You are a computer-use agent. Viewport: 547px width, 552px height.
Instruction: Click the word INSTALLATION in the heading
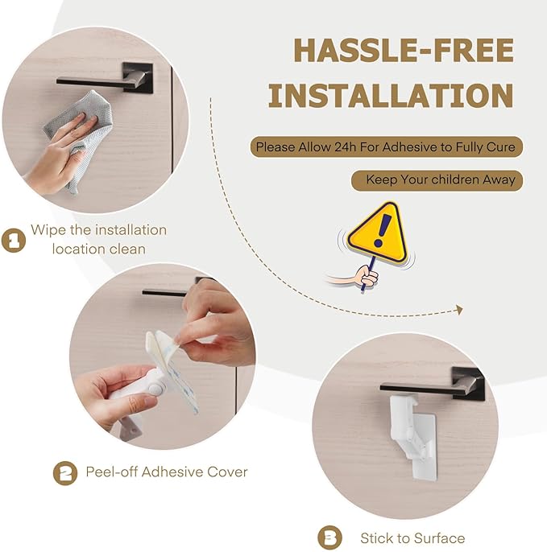click(x=391, y=96)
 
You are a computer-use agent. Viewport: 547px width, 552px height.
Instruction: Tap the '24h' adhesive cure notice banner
click(x=386, y=147)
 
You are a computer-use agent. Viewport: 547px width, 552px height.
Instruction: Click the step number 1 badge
click(x=13, y=240)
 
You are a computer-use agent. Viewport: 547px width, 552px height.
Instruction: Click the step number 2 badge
click(x=64, y=472)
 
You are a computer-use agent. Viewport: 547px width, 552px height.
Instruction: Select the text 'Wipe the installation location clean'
click(x=98, y=239)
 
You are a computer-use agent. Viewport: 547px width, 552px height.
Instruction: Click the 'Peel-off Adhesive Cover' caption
click(x=167, y=472)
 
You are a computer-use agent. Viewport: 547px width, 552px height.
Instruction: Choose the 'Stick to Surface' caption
click(x=412, y=538)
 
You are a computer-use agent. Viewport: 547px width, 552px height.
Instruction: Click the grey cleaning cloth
click(x=77, y=137)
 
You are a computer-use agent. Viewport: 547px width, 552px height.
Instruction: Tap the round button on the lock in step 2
click(x=152, y=388)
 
